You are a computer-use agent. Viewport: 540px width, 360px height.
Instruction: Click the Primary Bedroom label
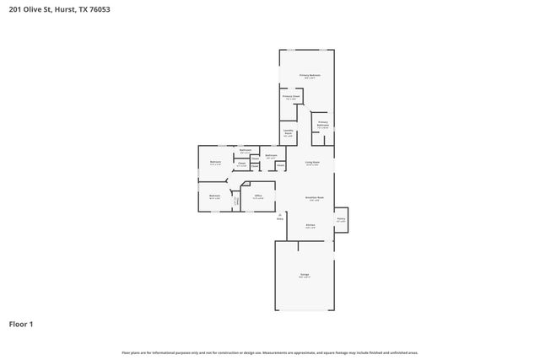point(310,76)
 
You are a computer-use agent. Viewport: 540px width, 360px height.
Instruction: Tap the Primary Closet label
point(291,97)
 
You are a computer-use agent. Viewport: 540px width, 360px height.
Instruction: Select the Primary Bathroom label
point(322,124)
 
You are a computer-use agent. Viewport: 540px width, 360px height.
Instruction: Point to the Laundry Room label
point(288,132)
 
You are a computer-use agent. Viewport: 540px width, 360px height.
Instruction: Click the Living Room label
point(311,163)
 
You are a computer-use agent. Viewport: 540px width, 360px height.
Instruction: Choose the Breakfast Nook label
point(315,199)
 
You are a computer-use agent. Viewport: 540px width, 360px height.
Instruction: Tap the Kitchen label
point(310,225)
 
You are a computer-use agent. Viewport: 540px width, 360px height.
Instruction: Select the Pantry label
point(341,219)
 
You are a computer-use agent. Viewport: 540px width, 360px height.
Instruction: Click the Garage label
point(305,276)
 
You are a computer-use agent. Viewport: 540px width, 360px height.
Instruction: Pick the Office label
point(258,197)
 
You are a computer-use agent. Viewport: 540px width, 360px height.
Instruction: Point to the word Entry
point(280,218)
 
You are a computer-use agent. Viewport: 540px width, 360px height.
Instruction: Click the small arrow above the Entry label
point(280,213)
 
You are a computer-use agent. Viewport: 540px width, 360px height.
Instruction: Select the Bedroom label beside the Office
point(214,197)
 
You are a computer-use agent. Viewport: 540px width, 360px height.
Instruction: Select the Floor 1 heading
point(22,323)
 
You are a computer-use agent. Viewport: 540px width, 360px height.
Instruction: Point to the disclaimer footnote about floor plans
point(270,352)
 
